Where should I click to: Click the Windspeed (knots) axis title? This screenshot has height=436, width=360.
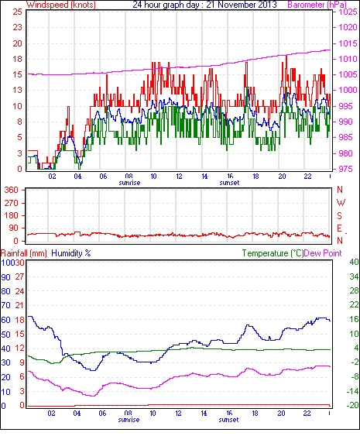click(x=61, y=5)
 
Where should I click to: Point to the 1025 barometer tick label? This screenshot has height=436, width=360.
click(x=348, y=12)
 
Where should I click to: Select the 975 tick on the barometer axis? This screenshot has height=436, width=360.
click(x=345, y=169)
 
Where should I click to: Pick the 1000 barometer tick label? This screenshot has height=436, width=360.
click(x=348, y=90)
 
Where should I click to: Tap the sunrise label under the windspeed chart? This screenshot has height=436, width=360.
click(x=129, y=183)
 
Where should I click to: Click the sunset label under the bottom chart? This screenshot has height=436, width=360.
click(x=228, y=420)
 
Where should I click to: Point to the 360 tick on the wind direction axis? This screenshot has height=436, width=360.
click(x=12, y=191)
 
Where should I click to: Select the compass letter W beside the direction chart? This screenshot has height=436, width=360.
click(x=341, y=203)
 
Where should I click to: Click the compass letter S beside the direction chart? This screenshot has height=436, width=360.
click(x=339, y=215)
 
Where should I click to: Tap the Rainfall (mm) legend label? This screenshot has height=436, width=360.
click(x=24, y=253)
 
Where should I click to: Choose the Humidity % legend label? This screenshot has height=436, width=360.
click(x=71, y=253)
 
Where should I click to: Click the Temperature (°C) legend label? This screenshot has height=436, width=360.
click(x=273, y=253)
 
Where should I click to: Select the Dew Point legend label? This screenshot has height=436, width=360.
click(x=323, y=253)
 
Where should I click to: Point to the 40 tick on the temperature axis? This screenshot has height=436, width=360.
click(x=354, y=262)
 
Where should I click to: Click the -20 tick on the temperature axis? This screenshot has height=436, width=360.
click(x=352, y=406)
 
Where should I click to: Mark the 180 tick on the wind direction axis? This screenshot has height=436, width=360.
click(x=12, y=215)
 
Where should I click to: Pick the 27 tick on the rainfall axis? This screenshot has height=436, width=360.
click(x=20, y=276)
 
